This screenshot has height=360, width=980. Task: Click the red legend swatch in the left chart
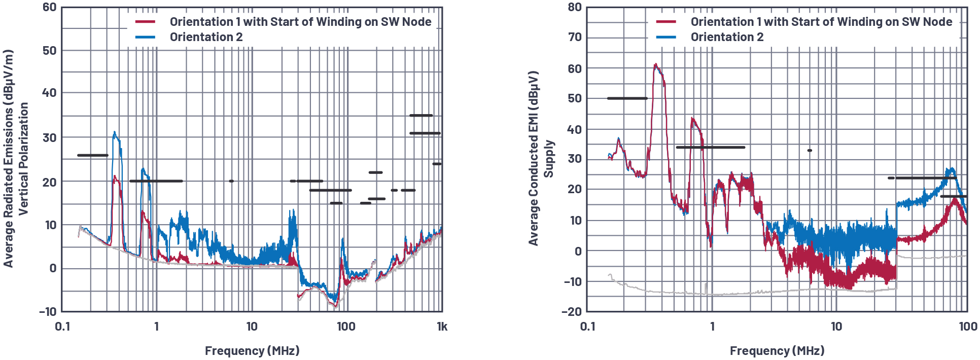coord(145,22)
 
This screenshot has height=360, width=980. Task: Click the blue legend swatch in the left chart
coord(145,37)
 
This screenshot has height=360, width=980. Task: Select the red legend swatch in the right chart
coord(666,22)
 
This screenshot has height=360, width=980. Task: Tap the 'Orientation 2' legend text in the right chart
coord(727,37)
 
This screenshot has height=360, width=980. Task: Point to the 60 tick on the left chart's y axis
coord(49,8)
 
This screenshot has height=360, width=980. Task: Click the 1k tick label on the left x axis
coord(442,327)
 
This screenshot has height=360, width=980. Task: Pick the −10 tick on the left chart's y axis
coord(48,311)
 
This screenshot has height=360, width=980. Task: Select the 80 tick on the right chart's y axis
coord(575,8)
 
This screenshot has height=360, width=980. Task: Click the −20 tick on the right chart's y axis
coord(572,311)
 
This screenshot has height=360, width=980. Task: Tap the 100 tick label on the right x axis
coord(968,327)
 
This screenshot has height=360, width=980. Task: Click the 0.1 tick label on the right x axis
coord(587,327)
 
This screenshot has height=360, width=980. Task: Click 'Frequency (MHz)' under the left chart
coord(252,351)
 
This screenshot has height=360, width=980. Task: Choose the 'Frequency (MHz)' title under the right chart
coord(777,351)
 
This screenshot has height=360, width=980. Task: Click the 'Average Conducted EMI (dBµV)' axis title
coord(533,158)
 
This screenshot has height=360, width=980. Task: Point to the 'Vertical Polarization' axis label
coord(23,158)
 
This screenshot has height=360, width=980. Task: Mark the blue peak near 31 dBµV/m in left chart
coord(115,133)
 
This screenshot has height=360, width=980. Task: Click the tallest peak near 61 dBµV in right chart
coord(656,64)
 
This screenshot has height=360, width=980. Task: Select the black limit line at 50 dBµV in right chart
coord(627,98)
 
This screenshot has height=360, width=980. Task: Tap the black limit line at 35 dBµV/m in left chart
coord(421,116)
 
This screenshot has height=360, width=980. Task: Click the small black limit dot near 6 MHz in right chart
coord(810,151)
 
